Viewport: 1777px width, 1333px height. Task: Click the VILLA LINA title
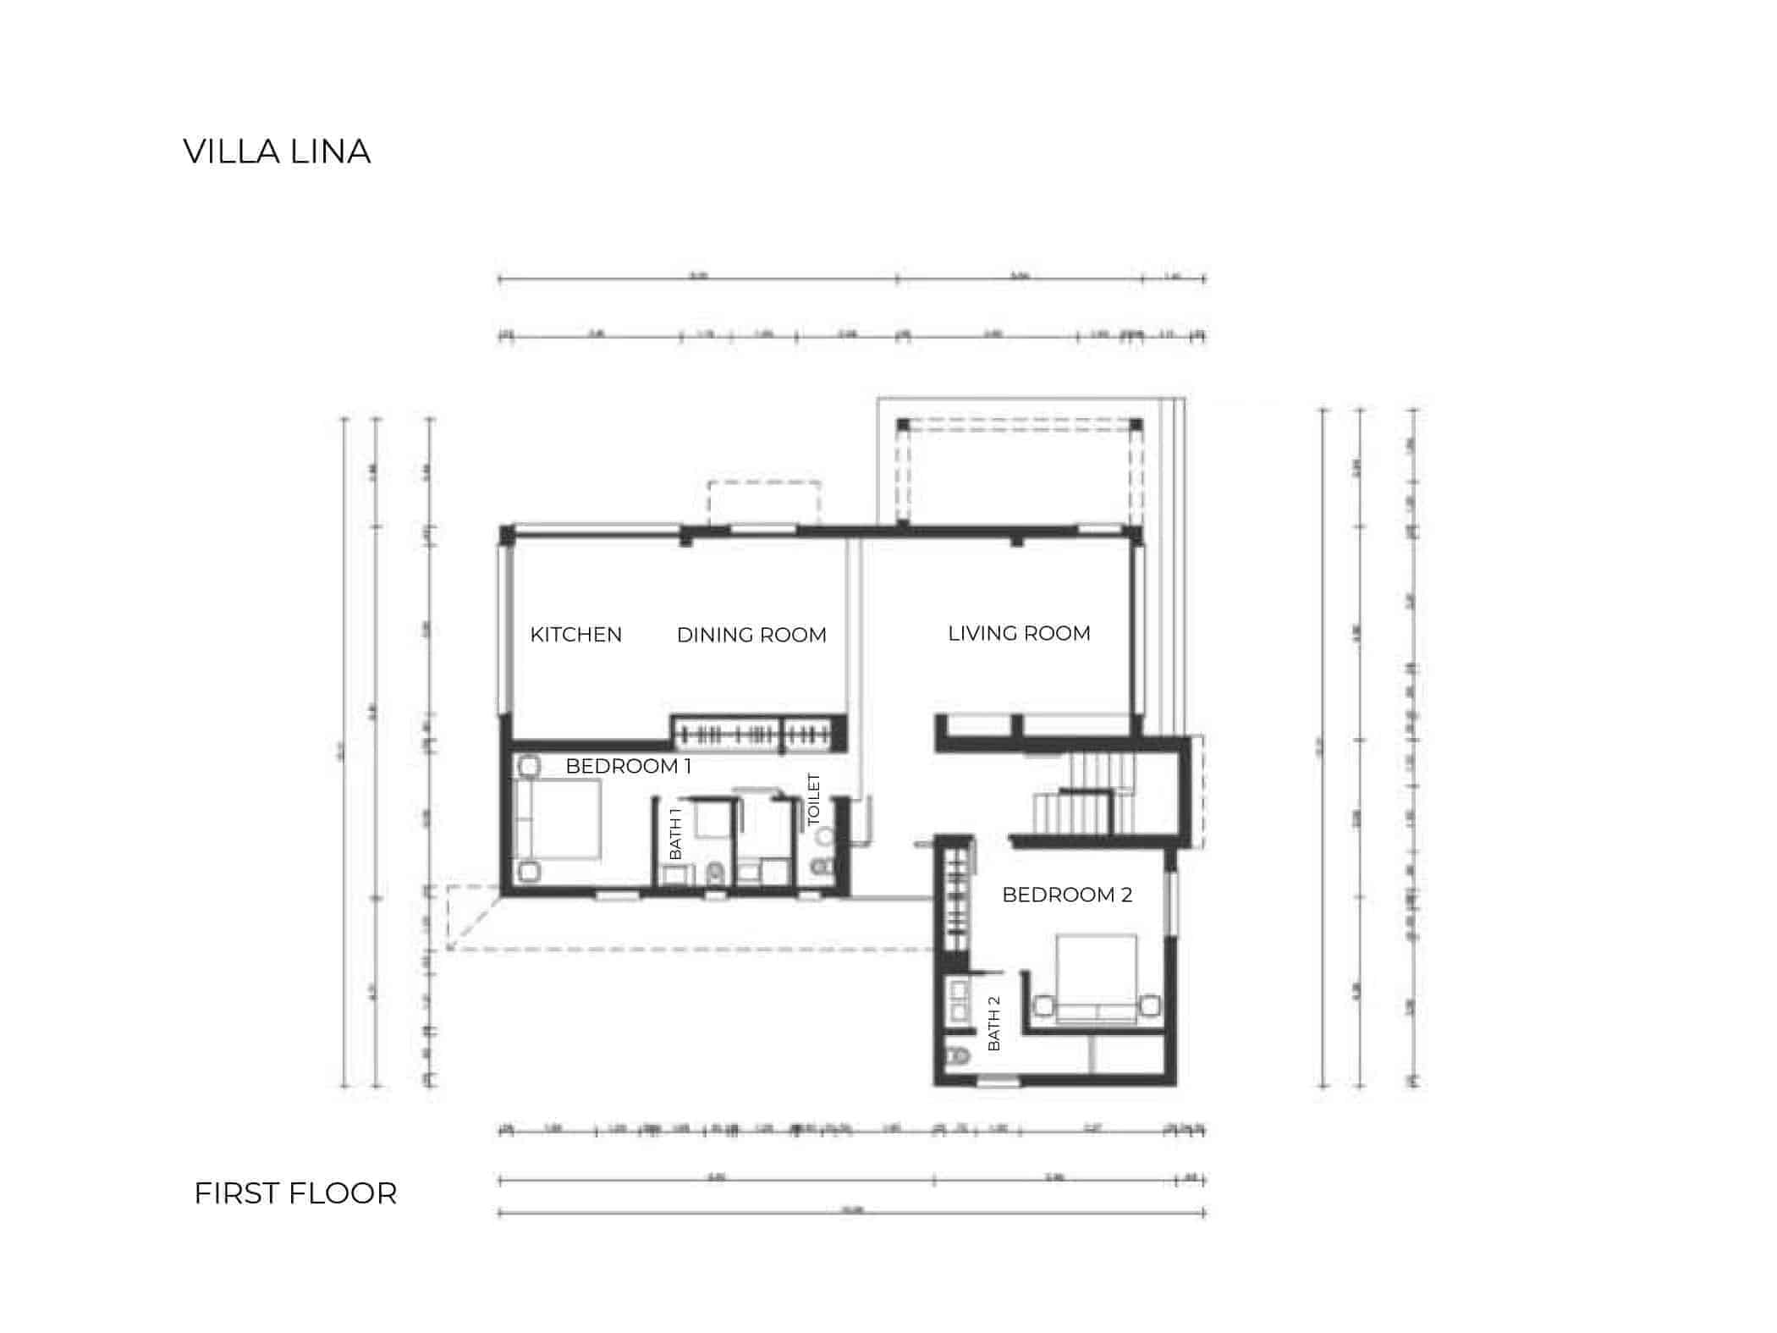point(277,152)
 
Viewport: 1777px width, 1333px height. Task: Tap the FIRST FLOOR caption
point(295,1193)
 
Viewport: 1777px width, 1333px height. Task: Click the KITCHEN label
point(575,635)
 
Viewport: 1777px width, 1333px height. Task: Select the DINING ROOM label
point(751,635)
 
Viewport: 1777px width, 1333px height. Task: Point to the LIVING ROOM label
point(1019,633)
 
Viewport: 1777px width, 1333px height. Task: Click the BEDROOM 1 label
point(629,766)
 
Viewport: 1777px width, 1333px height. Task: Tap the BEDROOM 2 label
point(1066,895)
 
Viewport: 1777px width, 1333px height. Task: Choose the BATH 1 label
point(675,834)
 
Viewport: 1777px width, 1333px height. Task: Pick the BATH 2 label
point(993,1023)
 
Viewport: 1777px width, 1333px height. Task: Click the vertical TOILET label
point(814,799)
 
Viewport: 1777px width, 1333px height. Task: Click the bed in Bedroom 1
point(558,819)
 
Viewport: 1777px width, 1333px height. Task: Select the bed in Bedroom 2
point(1097,978)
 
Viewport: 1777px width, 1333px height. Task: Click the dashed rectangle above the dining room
point(764,504)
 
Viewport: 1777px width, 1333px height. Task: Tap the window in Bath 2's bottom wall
point(999,1082)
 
